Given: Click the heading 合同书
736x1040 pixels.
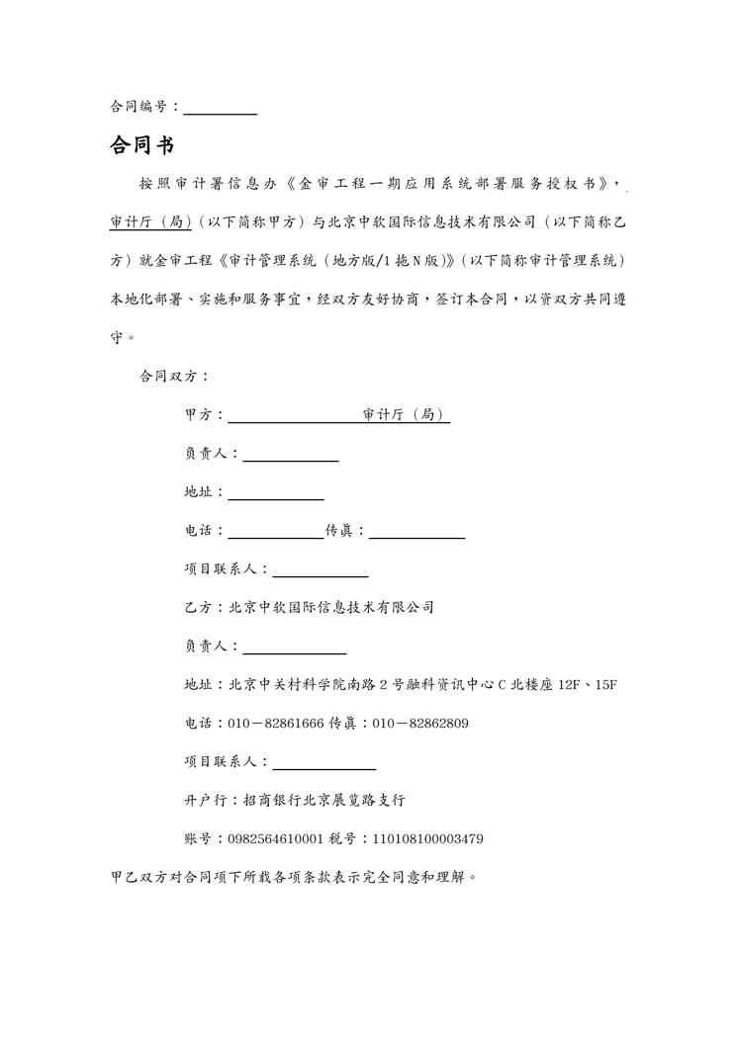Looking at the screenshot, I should pyautogui.click(x=141, y=146).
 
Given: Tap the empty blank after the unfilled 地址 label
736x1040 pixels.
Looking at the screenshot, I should pyautogui.click(x=276, y=492).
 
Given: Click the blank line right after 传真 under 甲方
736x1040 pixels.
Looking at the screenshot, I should pyautogui.click(x=416, y=531).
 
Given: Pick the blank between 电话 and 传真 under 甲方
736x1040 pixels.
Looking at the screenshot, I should pyautogui.click(x=276, y=531).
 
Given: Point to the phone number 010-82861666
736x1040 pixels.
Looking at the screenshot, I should pyautogui.click(x=276, y=724).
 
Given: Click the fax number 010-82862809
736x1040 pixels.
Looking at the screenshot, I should pyautogui.click(x=420, y=724).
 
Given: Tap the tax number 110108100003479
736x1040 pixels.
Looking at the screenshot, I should pyautogui.click(x=427, y=839).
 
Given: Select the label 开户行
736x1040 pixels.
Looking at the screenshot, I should pyautogui.click(x=203, y=801).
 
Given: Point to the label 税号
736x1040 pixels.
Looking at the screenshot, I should pyautogui.click(x=345, y=839).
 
